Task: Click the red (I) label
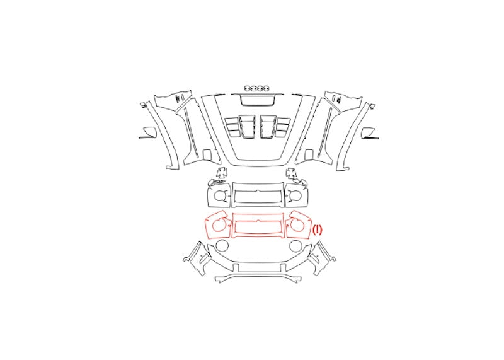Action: pyautogui.click(x=318, y=229)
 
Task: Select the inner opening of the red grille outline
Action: pyautogui.click(x=258, y=226)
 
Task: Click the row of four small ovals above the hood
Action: pyautogui.click(x=256, y=88)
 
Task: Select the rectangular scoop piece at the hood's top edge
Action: pyautogui.click(x=258, y=100)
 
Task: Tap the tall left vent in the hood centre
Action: pyautogui.click(x=246, y=127)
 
